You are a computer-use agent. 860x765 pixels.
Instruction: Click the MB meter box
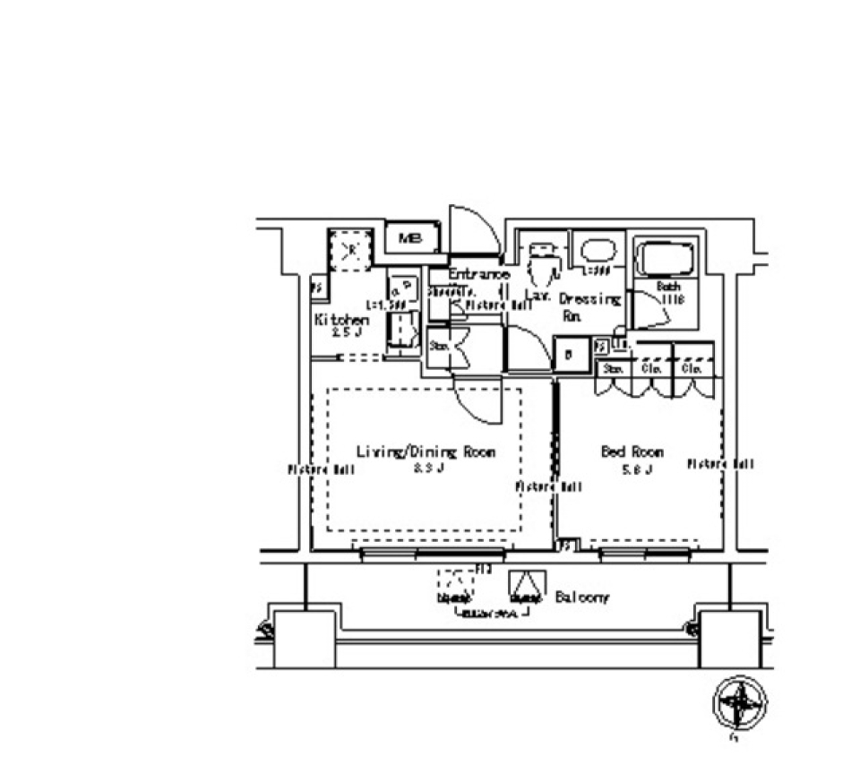click(411, 238)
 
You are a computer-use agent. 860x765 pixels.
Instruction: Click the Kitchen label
click(340, 320)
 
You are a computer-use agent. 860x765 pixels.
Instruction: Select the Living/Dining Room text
click(426, 451)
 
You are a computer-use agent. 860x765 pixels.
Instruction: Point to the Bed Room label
click(632, 451)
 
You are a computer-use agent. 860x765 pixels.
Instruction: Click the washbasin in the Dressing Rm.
click(597, 249)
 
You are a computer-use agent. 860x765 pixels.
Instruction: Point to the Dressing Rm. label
click(589, 305)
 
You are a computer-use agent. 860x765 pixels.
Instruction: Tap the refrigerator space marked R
click(350, 248)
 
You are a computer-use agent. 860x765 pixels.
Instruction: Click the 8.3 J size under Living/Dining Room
click(426, 468)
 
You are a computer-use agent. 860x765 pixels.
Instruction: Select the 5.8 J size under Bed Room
click(632, 468)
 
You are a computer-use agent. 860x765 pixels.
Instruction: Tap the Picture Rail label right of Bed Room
click(721, 464)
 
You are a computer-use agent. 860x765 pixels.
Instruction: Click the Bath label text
click(667, 287)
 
